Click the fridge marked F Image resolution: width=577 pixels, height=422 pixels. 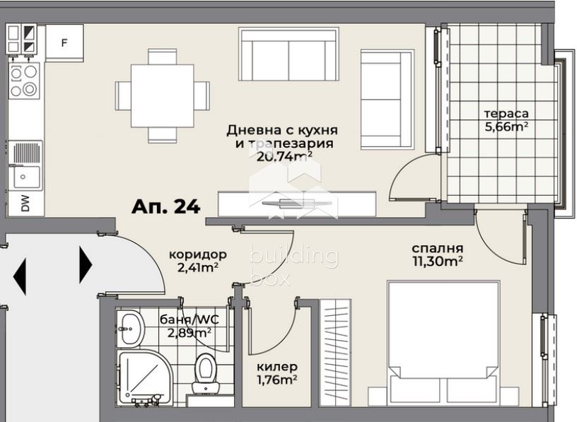point(64,43)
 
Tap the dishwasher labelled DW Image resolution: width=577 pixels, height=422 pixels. point(25,204)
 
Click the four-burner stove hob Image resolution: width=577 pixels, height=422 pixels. point(23,81)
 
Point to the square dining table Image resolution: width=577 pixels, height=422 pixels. point(163,95)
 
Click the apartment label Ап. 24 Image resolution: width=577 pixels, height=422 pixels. point(166,207)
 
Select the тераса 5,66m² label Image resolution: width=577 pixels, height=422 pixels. point(506,120)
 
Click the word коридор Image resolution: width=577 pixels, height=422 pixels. point(197,254)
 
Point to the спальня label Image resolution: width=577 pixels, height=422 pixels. point(437,248)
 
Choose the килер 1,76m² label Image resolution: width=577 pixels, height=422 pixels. point(277,373)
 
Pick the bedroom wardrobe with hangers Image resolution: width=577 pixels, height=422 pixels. point(335,353)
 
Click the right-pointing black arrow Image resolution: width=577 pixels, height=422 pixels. point(86,264)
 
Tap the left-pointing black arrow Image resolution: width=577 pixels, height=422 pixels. point(20,276)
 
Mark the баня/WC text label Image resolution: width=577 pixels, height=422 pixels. point(189,320)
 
